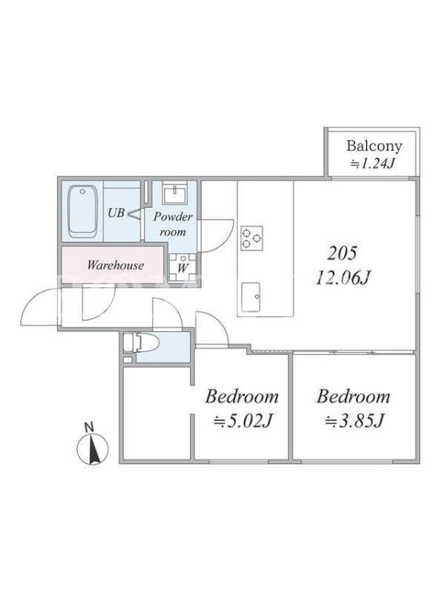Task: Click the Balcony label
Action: click(x=374, y=146)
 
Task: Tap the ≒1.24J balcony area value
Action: click(x=374, y=163)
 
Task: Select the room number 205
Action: click(x=342, y=254)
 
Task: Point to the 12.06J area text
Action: click(x=343, y=279)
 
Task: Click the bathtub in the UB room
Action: click(x=83, y=211)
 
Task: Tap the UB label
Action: click(x=116, y=213)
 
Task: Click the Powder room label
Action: click(x=173, y=225)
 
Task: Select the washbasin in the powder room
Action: click(x=174, y=192)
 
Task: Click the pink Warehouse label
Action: click(x=116, y=265)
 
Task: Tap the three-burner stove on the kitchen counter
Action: click(x=252, y=238)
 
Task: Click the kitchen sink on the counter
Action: click(x=251, y=292)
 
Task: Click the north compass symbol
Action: click(x=93, y=449)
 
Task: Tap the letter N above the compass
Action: click(x=89, y=428)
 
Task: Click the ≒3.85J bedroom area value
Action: click(x=355, y=420)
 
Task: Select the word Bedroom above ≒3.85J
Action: click(x=353, y=396)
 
